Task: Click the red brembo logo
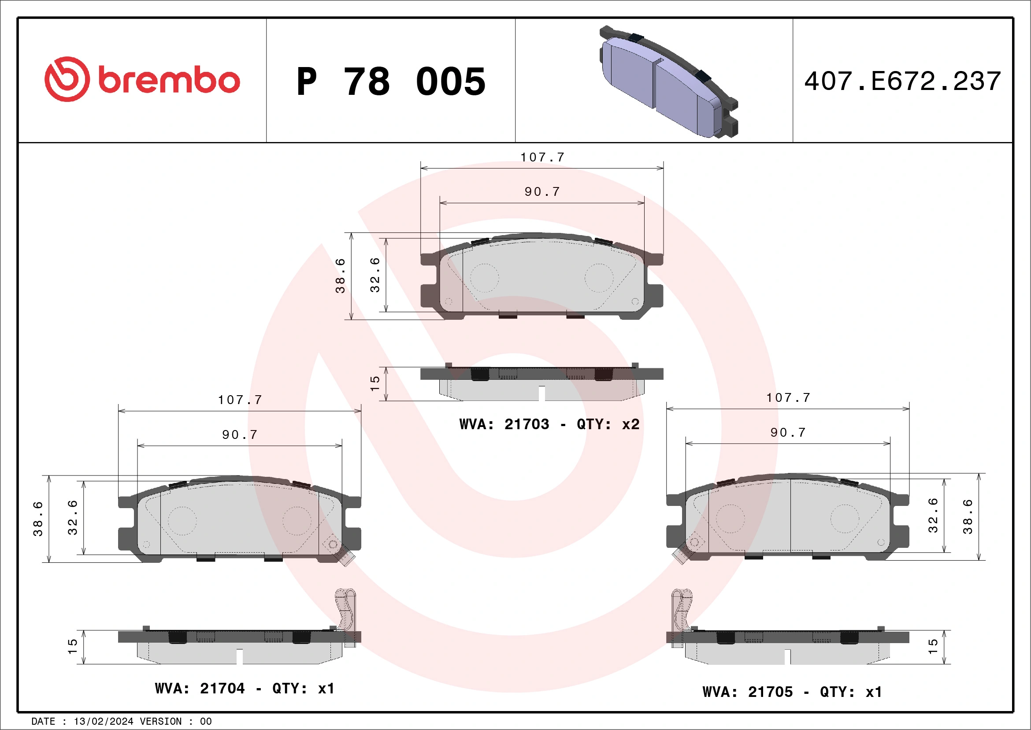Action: (142, 79)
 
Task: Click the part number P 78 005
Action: (391, 82)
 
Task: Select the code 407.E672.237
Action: (903, 81)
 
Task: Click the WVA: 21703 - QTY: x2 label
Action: (549, 424)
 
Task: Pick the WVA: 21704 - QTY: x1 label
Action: (244, 688)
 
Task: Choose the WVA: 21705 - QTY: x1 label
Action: (792, 692)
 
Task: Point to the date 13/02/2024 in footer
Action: (103, 722)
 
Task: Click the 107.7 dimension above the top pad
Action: (542, 157)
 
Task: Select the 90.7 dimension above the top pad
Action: (542, 192)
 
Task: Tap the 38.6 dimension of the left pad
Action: (38, 519)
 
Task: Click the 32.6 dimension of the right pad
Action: (933, 516)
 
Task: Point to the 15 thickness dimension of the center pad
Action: (375, 383)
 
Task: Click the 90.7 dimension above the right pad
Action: (788, 432)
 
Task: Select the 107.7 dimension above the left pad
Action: (240, 400)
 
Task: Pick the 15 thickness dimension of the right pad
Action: (933, 646)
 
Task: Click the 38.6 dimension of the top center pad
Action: (341, 276)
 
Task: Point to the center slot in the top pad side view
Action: (541, 393)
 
